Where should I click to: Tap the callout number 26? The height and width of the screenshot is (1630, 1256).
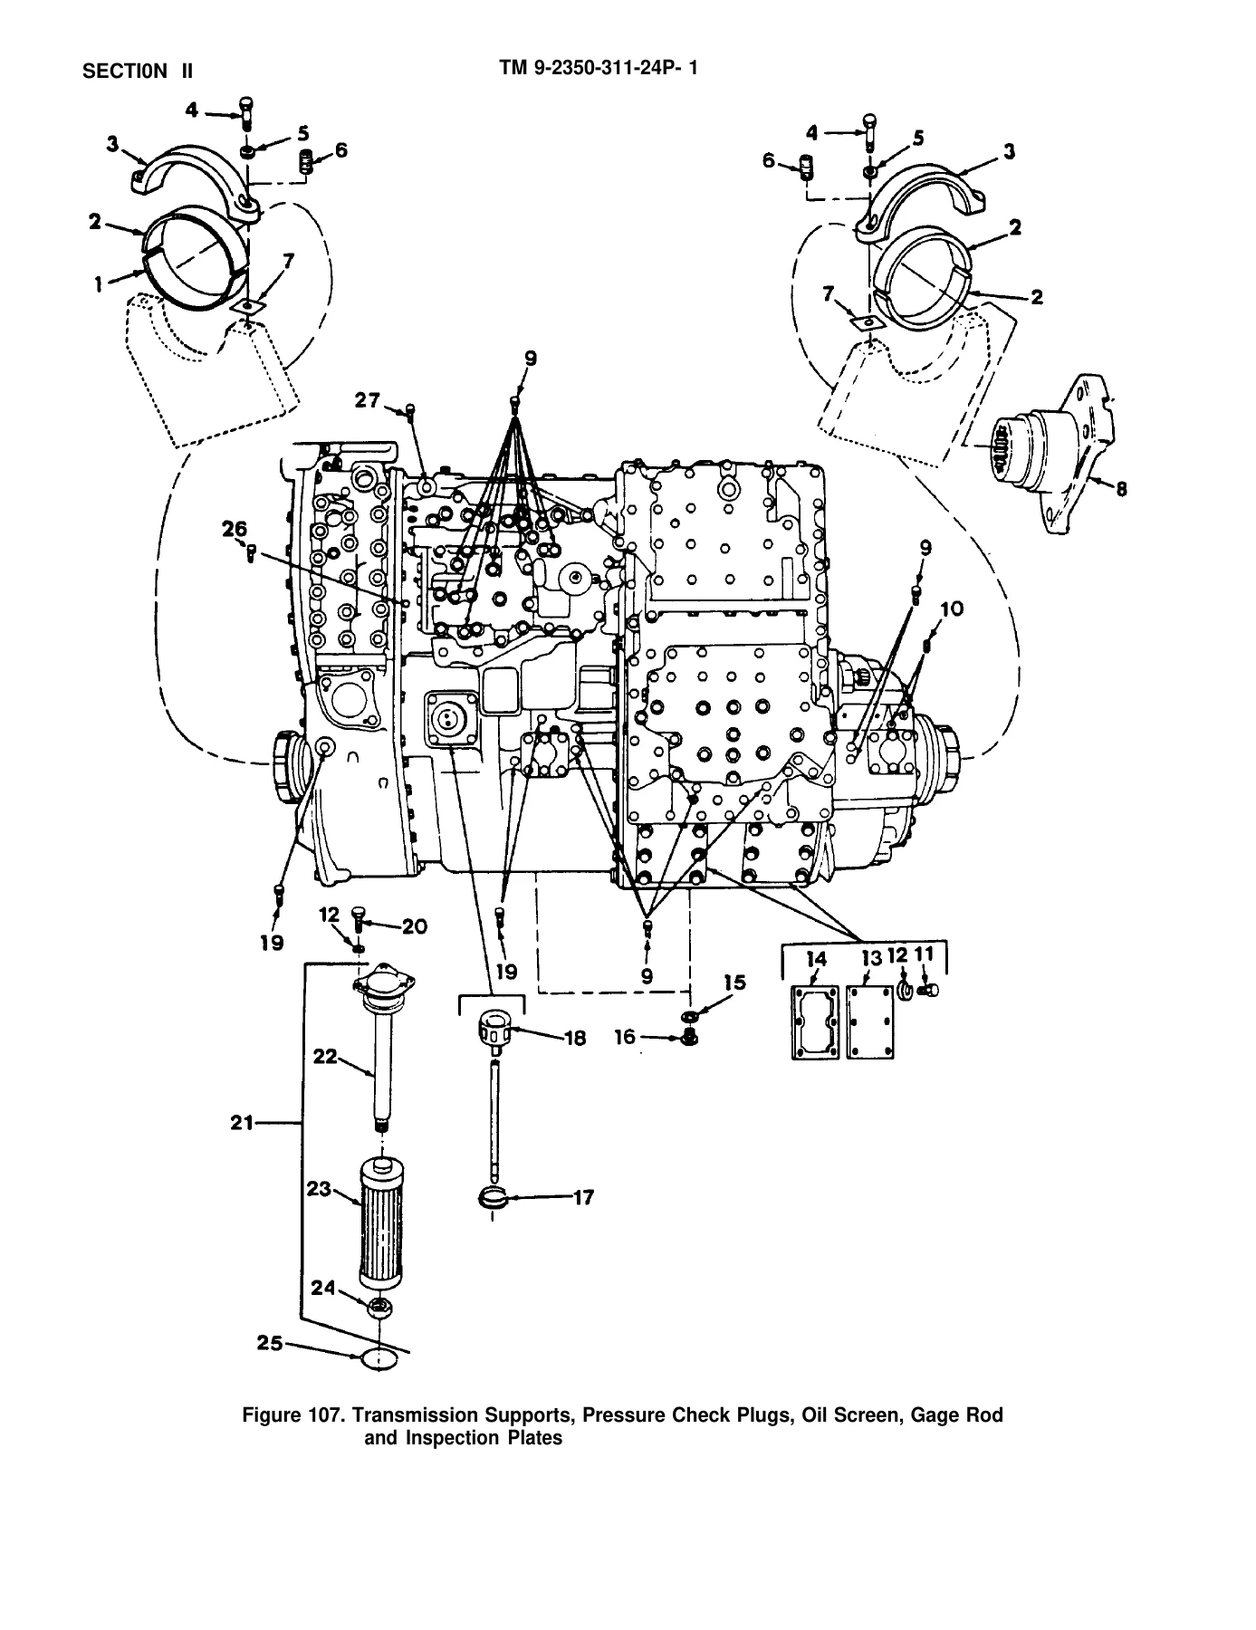pyautogui.click(x=235, y=529)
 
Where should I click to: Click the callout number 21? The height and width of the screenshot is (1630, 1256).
pyautogui.click(x=243, y=1123)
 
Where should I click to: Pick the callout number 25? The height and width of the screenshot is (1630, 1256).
pyautogui.click(x=269, y=1344)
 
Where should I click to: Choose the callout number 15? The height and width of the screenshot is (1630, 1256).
pyautogui.click(x=733, y=983)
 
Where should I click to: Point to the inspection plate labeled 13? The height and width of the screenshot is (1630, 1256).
pyautogui.click(x=870, y=1021)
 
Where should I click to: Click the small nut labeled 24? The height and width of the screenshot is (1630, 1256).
pyautogui.click(x=379, y=1307)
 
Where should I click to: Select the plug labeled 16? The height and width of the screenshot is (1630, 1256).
pyautogui.click(x=687, y=1038)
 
